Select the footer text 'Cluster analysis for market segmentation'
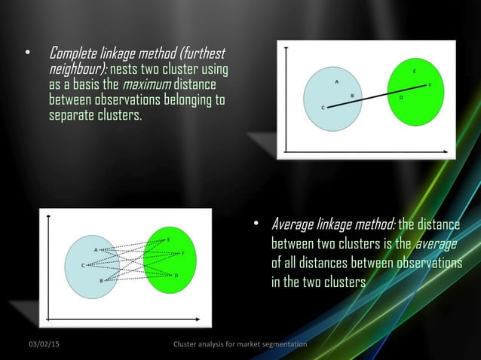pyautogui.click(x=240, y=344)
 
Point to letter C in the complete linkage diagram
pyautogui.click(x=323, y=108)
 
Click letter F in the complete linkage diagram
pyautogui.click(x=430, y=85)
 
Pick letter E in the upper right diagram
pyautogui.click(x=414, y=70)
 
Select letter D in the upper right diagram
pyautogui.click(x=400, y=97)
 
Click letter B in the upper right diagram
pyautogui.click(x=351, y=96)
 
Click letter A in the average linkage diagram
pyautogui.click(x=95, y=249)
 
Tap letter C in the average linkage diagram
pyautogui.click(x=83, y=265)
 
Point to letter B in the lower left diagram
pyautogui.click(x=101, y=280)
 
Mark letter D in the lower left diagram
pyautogui.click(x=176, y=276)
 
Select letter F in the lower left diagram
pyautogui.click(x=183, y=253)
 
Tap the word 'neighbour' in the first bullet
pyautogui.click(x=72, y=70)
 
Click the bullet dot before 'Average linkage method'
pyautogui.click(x=256, y=224)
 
